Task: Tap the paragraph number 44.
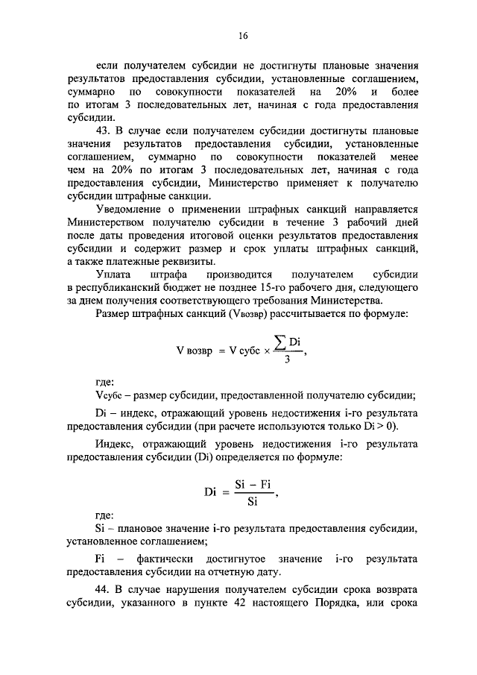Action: click(105, 589)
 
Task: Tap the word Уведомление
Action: click(130, 210)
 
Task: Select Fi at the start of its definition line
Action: click(101, 559)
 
